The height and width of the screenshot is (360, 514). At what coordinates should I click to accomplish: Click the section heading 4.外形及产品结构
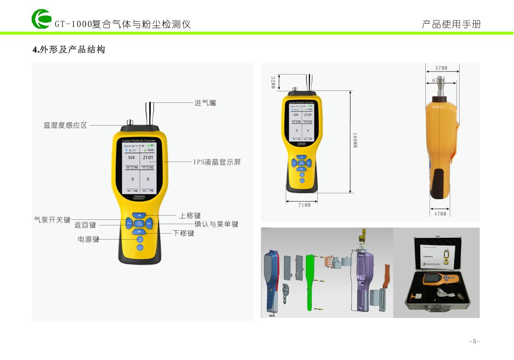click(69, 50)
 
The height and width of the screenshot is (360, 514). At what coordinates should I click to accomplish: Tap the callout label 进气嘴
click(205, 103)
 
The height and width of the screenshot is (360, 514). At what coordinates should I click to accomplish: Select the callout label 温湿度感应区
click(66, 125)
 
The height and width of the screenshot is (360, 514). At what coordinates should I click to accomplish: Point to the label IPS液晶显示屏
click(217, 162)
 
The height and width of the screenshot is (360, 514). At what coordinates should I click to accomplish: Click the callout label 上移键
click(190, 216)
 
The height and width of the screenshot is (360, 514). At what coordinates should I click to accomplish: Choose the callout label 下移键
click(183, 233)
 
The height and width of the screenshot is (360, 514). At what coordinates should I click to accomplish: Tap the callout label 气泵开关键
click(52, 220)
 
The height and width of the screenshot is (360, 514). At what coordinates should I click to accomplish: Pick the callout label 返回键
click(85, 225)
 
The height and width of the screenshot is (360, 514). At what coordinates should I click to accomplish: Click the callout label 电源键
click(88, 240)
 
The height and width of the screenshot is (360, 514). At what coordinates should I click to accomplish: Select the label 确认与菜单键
click(216, 224)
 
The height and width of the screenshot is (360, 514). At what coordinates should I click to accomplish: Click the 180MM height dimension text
click(355, 141)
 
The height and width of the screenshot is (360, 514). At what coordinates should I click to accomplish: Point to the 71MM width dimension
click(304, 205)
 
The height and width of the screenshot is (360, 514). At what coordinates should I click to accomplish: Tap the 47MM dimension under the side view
click(440, 213)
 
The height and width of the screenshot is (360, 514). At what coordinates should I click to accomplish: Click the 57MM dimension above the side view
click(441, 68)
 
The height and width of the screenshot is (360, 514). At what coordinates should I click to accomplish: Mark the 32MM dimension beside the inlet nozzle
click(273, 82)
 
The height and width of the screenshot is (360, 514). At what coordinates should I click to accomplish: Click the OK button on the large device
click(149, 223)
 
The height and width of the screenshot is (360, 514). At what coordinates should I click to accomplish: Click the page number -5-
click(474, 341)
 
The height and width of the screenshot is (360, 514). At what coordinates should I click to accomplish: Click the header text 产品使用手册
click(451, 24)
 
